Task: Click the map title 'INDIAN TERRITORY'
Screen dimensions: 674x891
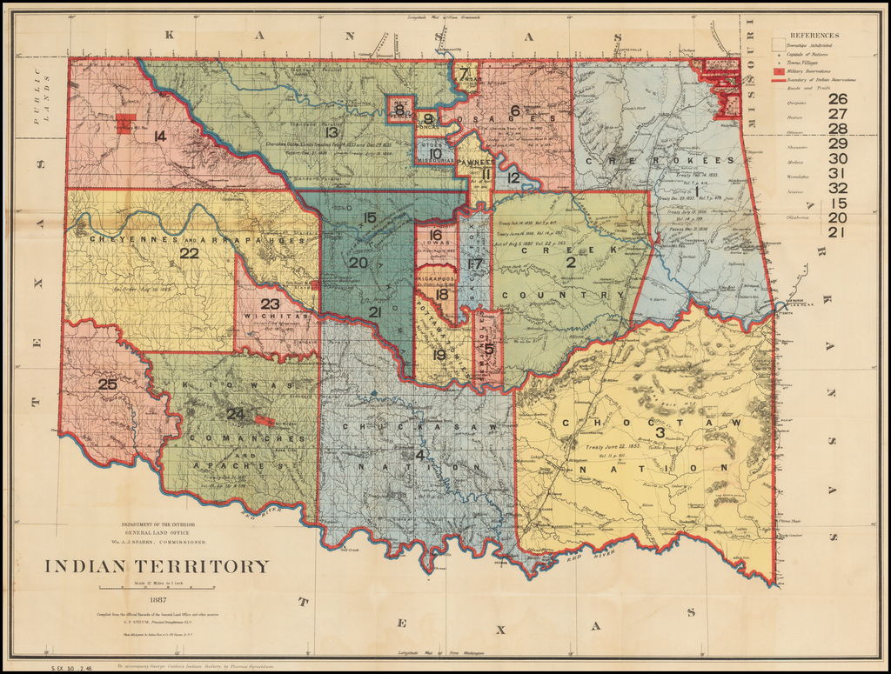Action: point(157,566)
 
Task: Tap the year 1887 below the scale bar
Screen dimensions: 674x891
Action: point(157,599)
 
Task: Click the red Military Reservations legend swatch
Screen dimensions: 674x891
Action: point(778,70)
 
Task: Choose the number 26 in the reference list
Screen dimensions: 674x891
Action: point(837,98)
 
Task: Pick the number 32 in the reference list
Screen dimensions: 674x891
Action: point(837,188)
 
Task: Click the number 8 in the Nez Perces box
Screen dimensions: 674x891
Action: point(399,109)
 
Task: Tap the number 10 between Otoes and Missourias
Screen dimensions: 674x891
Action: point(436,154)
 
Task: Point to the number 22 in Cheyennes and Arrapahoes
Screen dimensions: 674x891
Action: point(189,253)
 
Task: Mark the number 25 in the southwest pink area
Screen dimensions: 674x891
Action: point(107,384)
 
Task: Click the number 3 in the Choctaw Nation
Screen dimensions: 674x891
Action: point(660,432)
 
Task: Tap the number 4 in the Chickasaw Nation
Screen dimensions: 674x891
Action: point(420,454)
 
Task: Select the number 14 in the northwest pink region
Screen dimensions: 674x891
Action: point(159,136)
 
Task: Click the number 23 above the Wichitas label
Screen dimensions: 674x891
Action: point(271,304)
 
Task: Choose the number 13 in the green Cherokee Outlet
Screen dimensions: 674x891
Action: point(331,132)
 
